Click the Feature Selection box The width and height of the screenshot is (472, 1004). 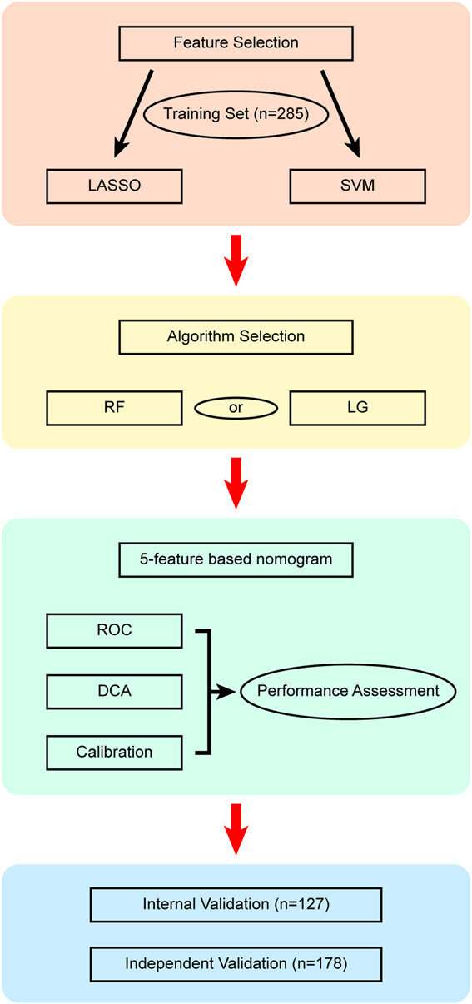pos(236,43)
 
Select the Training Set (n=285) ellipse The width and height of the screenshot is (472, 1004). pos(236,114)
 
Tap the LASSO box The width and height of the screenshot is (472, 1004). pos(114,186)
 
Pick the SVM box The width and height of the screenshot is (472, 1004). pos(357,186)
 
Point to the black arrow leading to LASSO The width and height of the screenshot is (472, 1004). pos(133,114)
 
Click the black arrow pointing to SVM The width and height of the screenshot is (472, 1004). pos(340,114)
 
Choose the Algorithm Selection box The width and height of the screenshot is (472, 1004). pos(236,337)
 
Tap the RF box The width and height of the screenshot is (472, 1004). pos(114,408)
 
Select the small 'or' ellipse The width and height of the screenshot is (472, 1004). pos(236,408)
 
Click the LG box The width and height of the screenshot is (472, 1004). pos(357,408)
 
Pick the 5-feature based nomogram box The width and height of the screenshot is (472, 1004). pos(236,559)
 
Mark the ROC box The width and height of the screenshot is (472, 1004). pos(114,631)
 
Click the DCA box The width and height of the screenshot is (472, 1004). pos(114,692)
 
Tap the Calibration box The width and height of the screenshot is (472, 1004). pos(114,753)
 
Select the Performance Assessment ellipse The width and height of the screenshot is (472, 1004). pos(348,692)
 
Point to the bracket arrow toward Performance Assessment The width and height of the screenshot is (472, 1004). pos(209,692)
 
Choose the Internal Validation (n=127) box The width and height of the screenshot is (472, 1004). pos(236,904)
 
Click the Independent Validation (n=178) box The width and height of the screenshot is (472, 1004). pos(236,964)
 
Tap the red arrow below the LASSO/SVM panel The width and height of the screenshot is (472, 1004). pos(236,260)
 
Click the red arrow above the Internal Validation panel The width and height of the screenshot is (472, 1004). pos(236,829)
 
